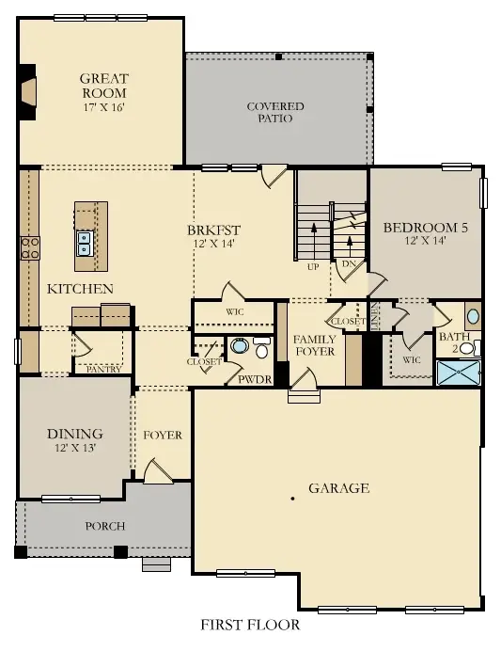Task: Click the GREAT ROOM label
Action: pos(102,86)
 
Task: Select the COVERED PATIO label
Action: pos(275,113)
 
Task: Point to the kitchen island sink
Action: pos(84,244)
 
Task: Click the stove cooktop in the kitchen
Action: pos(29,247)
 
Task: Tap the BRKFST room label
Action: pos(213,230)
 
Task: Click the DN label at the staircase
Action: pos(349,264)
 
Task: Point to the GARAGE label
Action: pos(338,488)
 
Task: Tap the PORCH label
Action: pos(104,526)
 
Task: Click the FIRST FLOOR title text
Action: pos(250,625)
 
